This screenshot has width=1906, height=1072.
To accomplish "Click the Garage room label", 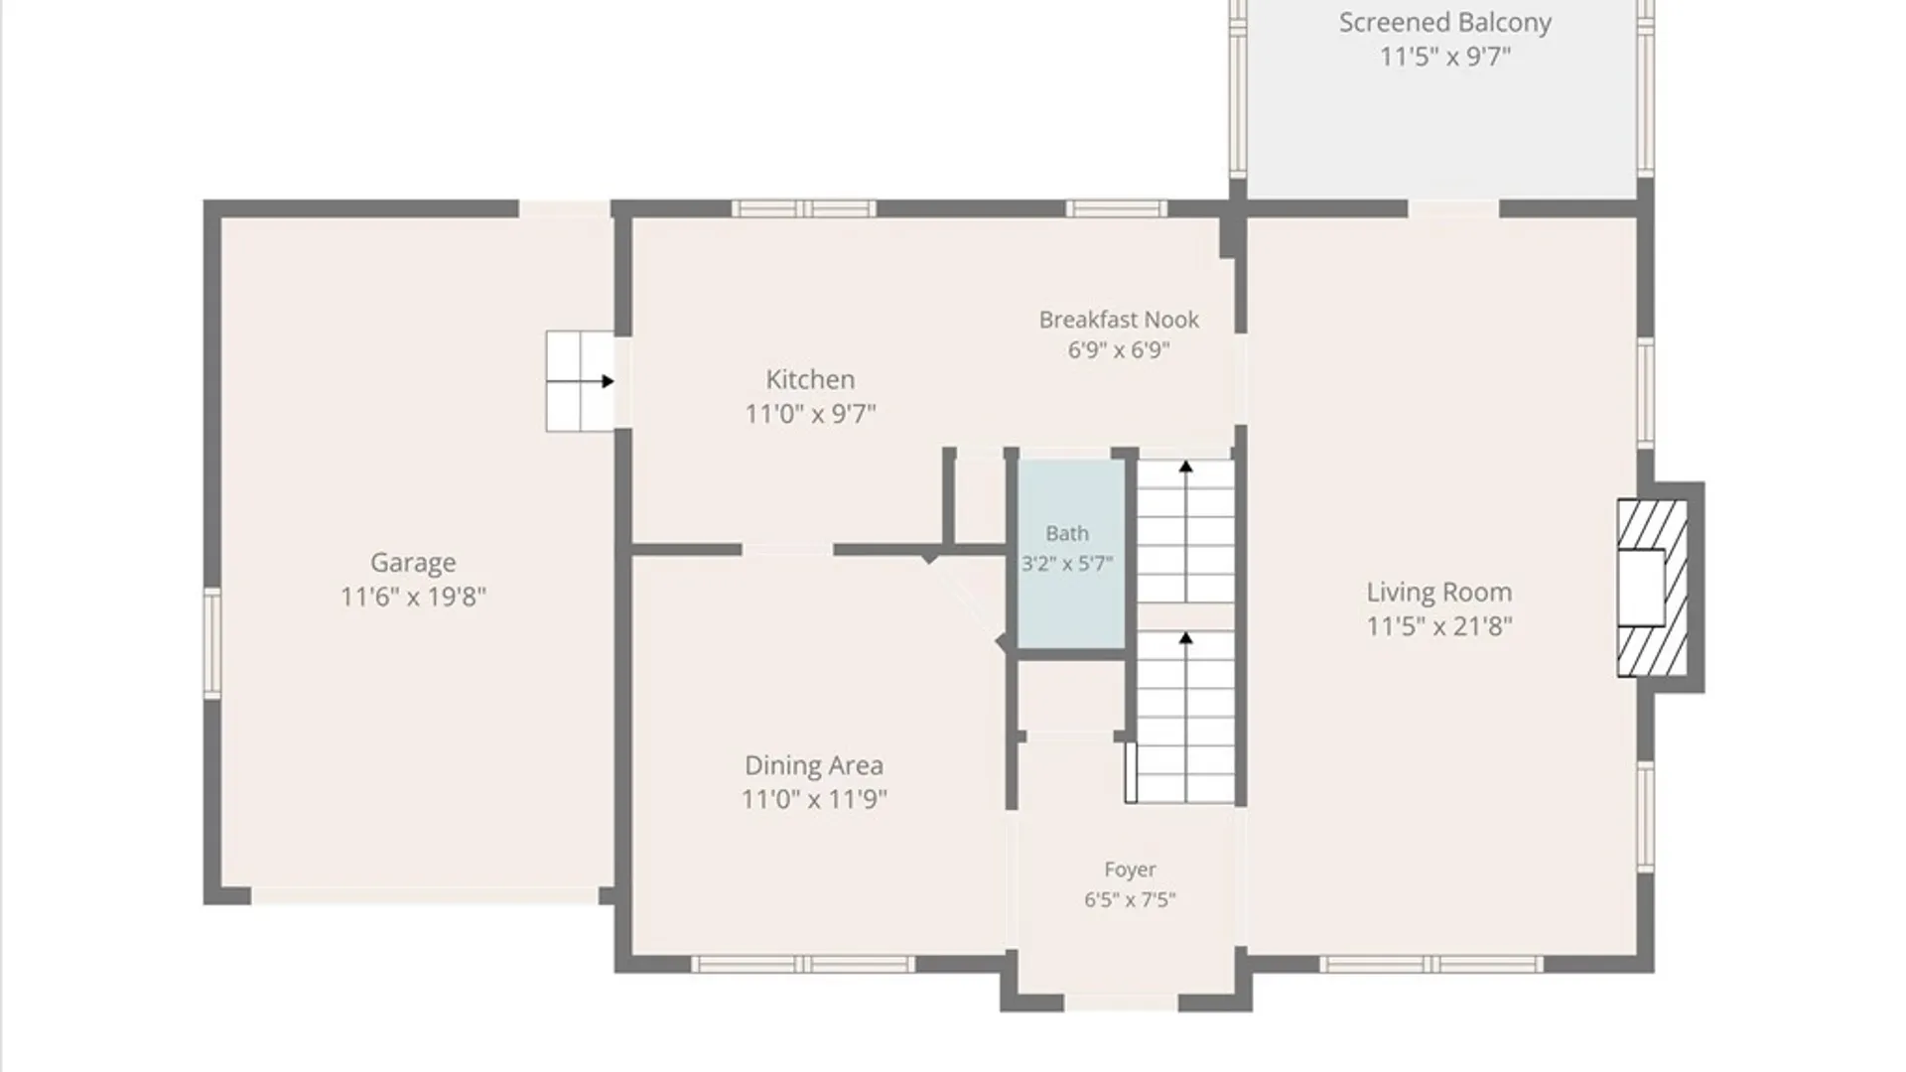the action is point(413,562).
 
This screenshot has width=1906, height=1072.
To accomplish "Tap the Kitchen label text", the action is point(810,379).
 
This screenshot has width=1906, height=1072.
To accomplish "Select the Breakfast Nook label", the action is point(1119,320).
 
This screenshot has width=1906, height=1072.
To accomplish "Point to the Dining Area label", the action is point(814,765).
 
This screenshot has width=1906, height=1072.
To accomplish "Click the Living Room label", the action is point(1439,593).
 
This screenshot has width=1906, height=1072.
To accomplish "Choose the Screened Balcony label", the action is point(1445,23).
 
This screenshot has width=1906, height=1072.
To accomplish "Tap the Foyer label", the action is point(1130,870).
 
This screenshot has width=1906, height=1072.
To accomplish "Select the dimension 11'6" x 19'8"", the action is point(413,597).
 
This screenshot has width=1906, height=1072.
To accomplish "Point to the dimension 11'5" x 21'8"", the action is point(1439,626).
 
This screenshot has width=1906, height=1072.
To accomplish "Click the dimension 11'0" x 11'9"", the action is point(814,799).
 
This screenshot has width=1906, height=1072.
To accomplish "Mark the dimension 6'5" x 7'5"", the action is point(1130,900).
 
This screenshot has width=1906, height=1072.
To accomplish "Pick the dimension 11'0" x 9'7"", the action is point(810,413).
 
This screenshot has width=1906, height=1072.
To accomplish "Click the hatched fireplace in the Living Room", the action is point(1652,588).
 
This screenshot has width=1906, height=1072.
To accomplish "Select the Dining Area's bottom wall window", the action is point(802,965).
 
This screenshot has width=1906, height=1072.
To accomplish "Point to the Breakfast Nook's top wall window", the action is point(1117,208).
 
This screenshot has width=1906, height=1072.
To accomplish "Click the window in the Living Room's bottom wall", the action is point(1430,965).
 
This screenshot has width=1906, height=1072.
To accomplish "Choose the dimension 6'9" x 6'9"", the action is point(1119,350).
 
